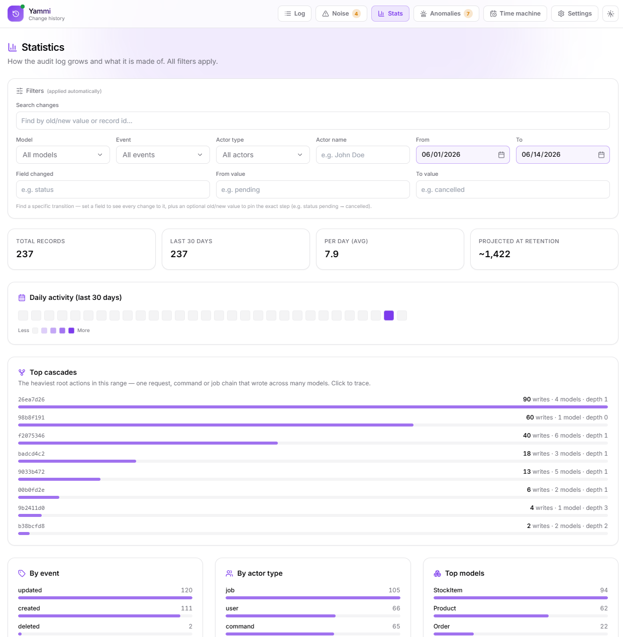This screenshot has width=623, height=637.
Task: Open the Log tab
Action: pos(294,14)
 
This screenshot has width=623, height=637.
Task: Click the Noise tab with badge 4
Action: pos(341,14)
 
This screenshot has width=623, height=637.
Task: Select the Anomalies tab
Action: pos(446,14)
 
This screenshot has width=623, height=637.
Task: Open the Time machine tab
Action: pos(515,14)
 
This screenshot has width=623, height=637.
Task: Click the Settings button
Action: pos(575,14)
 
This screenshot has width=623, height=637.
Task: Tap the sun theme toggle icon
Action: pos(610,14)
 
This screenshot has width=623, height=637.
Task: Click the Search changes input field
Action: pos(313,121)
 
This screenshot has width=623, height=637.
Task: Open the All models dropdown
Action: pos(63,155)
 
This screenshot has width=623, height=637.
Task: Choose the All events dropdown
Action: pos(163,155)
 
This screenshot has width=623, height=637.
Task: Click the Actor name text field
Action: pos(363,155)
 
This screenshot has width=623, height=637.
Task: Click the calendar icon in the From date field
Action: pos(501,155)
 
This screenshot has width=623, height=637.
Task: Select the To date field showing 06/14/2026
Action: pos(562,155)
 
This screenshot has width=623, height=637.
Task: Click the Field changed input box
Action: pos(113,189)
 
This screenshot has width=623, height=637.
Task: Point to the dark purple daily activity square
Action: pos(388,315)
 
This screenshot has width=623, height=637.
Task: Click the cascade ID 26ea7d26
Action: pos(32,399)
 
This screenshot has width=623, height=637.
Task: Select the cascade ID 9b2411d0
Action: pos(32,508)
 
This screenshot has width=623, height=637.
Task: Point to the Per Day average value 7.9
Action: pos(331,254)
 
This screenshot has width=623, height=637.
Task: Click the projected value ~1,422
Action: pos(494,254)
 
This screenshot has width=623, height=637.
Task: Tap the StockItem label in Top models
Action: pos(448,590)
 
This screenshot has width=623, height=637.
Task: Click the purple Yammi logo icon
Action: pos(16,14)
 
